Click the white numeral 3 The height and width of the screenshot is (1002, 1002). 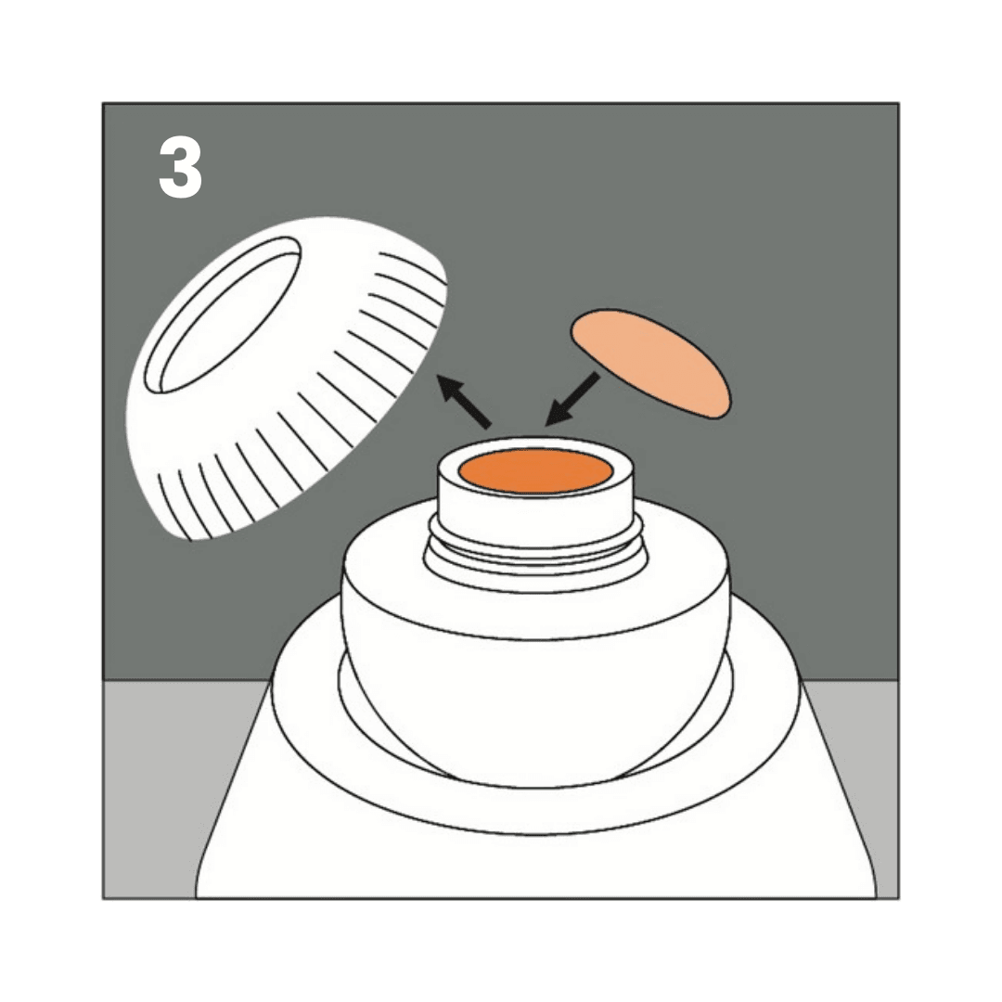click(180, 168)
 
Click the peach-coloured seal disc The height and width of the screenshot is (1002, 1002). click(649, 364)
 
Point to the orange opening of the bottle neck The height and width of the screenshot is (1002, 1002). click(535, 471)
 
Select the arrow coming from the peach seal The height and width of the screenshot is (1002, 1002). click(572, 399)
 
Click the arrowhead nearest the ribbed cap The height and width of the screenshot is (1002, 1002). click(449, 387)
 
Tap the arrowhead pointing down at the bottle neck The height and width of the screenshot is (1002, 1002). click(556, 415)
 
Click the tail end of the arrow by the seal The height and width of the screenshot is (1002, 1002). click(597, 375)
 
